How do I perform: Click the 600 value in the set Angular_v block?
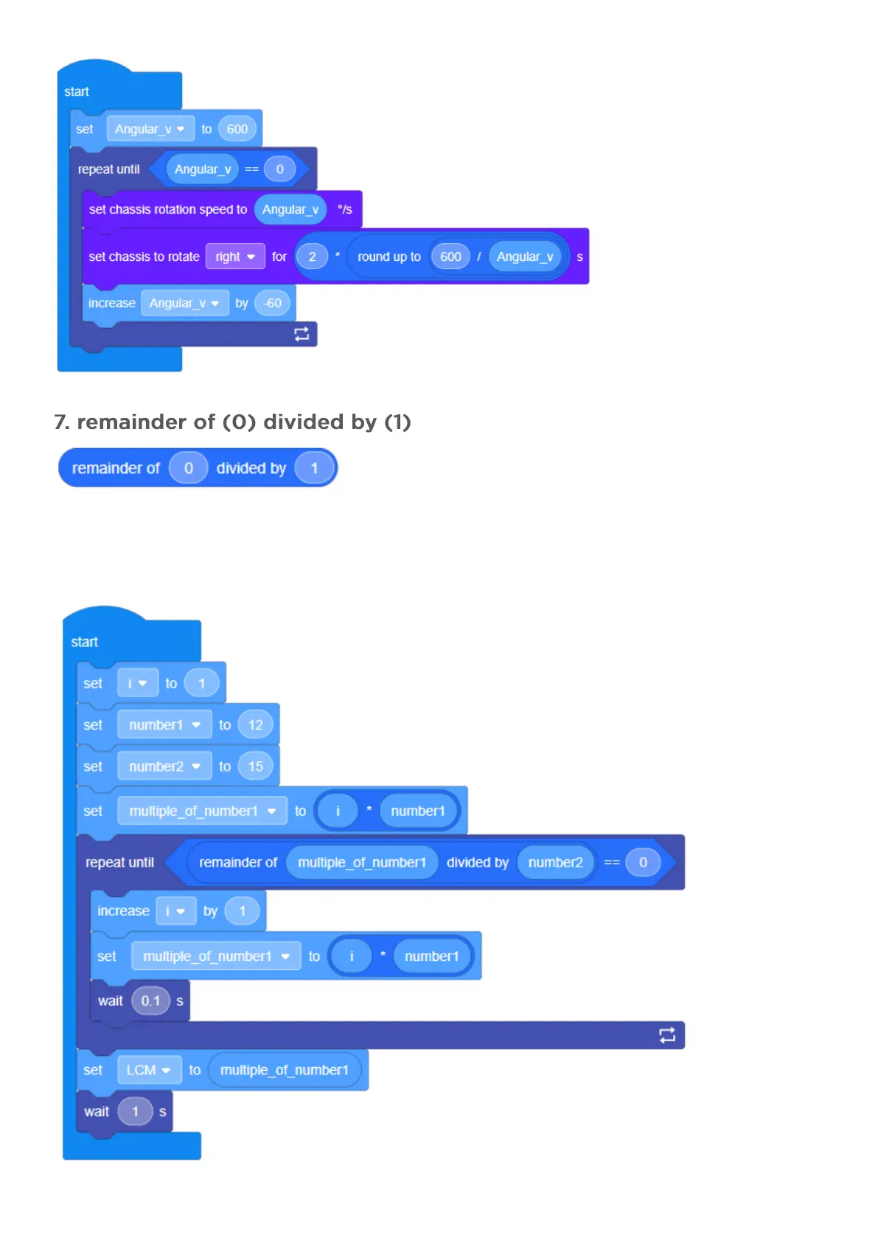pyautogui.click(x=237, y=129)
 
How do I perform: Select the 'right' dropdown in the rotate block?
pyautogui.click(x=234, y=256)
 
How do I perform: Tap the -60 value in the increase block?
pyautogui.click(x=273, y=303)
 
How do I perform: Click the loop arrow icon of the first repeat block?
pyautogui.click(x=302, y=334)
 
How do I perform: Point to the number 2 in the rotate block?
pyautogui.click(x=312, y=256)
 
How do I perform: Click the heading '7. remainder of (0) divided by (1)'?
pyautogui.click(x=232, y=422)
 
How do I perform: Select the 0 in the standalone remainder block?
pyautogui.click(x=188, y=468)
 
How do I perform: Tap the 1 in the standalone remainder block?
pyautogui.click(x=314, y=468)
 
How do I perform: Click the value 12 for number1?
pyautogui.click(x=255, y=724)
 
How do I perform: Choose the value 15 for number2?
pyautogui.click(x=255, y=766)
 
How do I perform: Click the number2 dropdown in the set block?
pyautogui.click(x=164, y=766)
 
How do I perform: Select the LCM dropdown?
pyautogui.click(x=148, y=1070)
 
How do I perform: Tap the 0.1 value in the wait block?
pyautogui.click(x=150, y=1001)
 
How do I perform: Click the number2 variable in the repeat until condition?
pyautogui.click(x=555, y=862)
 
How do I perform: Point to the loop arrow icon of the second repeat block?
pyautogui.click(x=667, y=1035)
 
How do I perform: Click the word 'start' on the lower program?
pyautogui.click(x=84, y=642)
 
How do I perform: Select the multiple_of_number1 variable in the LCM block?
pyautogui.click(x=284, y=1070)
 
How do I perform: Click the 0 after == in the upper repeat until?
pyautogui.click(x=279, y=169)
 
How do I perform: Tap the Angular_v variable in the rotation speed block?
pyautogui.click(x=290, y=209)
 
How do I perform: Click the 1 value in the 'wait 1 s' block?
pyautogui.click(x=135, y=1111)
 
